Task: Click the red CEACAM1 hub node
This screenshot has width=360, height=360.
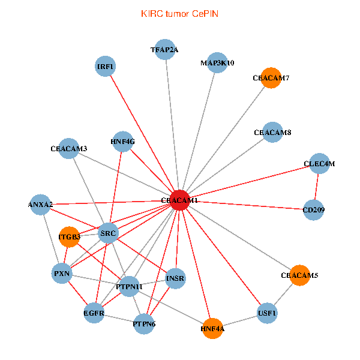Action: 179,200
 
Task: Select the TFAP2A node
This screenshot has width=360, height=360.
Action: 164,50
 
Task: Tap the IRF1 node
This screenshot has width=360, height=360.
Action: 106,66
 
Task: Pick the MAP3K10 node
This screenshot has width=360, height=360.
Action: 217,62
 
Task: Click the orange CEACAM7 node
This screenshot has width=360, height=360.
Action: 271,78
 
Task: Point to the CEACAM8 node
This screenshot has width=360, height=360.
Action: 272,133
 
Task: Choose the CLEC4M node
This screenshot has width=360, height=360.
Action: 319,163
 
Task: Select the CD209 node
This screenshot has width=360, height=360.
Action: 314,209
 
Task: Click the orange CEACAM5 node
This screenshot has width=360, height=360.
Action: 299,275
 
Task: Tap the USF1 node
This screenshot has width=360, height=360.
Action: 267,313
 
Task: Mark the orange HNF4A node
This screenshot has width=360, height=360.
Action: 212,328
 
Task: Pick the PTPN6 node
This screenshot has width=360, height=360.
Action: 144,324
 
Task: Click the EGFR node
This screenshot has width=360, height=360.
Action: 94,313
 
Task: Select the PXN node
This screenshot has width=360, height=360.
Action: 62,274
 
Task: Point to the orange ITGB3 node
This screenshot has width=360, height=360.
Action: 70,237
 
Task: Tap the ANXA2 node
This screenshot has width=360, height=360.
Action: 40,205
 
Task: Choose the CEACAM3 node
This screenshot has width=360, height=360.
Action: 69,148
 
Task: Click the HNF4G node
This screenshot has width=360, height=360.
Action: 123,142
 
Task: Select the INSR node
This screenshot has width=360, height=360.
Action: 175,278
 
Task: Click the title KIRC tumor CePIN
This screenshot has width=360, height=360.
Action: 179,13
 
